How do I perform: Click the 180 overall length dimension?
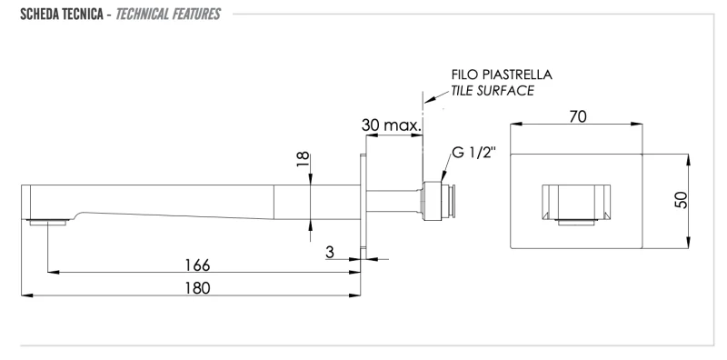pyautogui.click(x=197, y=288)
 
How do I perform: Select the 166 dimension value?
pyautogui.click(x=197, y=265)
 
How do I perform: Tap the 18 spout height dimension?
pyautogui.click(x=303, y=159)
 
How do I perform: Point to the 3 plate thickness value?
pyautogui.click(x=330, y=253)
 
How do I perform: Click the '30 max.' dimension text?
pyautogui.click(x=392, y=125)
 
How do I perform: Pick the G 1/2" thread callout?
pyautogui.click(x=473, y=153)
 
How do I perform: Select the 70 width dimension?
pyautogui.click(x=578, y=116)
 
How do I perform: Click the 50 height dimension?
pyautogui.click(x=681, y=200)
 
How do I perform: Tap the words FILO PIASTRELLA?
pyautogui.click(x=502, y=75)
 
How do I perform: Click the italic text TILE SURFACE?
pyautogui.click(x=493, y=91)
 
